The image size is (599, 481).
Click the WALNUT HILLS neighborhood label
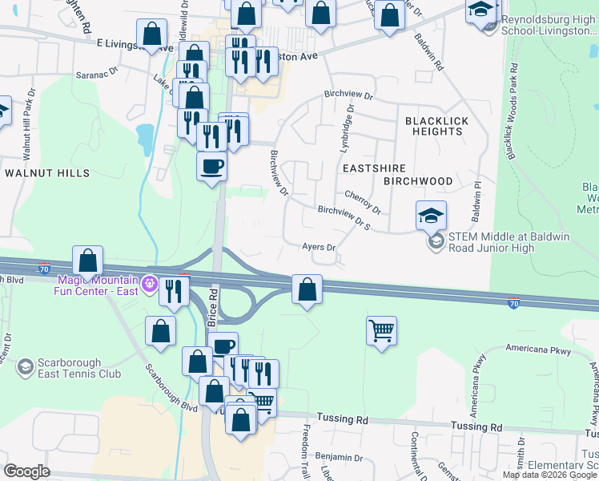click(x=39, y=172)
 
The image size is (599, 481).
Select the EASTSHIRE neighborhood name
click(x=373, y=168)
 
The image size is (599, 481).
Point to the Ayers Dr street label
click(x=319, y=247)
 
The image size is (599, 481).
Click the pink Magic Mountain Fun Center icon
click(x=148, y=284)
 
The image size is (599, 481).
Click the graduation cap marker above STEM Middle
click(x=431, y=215)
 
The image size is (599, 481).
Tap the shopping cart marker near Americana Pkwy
click(x=382, y=330)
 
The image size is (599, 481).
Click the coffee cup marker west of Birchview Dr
click(x=212, y=166)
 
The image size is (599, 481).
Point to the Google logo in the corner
click(x=27, y=471)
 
